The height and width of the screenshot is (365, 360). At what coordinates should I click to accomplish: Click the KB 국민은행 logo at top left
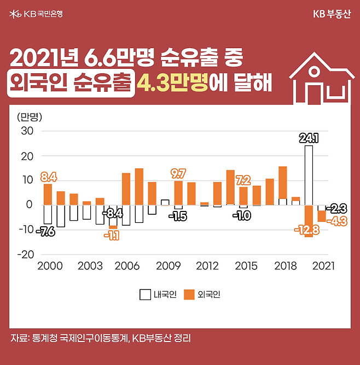click(36, 13)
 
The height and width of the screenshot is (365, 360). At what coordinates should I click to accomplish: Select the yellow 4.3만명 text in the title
click(173, 84)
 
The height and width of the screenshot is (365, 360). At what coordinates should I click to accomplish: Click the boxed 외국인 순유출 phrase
click(72, 84)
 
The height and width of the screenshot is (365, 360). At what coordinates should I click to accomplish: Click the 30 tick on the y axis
click(27, 131)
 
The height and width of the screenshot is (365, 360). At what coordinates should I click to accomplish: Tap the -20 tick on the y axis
click(26, 255)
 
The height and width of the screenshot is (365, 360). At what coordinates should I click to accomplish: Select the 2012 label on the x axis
click(207, 266)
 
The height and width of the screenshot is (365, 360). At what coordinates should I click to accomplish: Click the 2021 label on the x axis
click(323, 266)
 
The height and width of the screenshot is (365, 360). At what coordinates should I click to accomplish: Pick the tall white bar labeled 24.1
click(309, 175)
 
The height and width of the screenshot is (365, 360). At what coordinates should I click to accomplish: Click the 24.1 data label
click(309, 138)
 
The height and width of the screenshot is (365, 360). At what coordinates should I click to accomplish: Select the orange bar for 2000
click(48, 194)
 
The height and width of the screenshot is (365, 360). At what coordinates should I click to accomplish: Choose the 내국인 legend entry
click(159, 295)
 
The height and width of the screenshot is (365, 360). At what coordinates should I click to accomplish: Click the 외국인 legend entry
click(202, 295)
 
